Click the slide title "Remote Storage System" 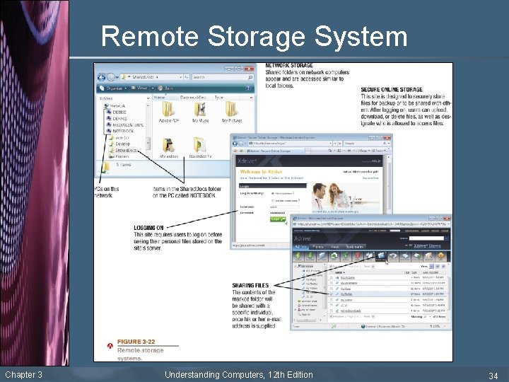254,36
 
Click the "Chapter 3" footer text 23,374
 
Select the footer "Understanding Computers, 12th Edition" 238,374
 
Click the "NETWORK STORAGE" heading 288,65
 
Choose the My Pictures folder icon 232,110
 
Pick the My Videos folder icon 169,144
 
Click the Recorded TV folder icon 200,144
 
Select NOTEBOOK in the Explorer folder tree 124,131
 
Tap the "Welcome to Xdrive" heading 261,171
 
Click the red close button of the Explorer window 250,69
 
